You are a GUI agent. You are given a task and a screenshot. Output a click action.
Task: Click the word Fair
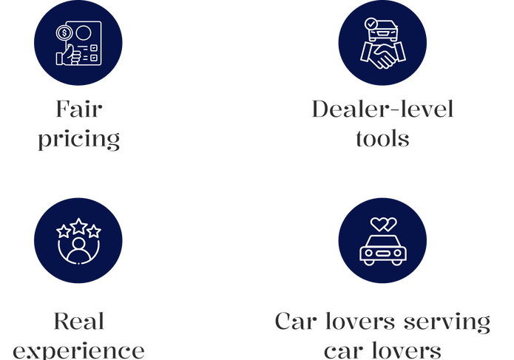[78, 110]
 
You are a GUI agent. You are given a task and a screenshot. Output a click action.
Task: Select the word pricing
[78, 139]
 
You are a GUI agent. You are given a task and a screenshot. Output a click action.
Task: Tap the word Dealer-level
[382, 110]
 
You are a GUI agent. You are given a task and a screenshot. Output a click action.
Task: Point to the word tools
[382, 138]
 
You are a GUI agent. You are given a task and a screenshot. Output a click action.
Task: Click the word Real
[78, 322]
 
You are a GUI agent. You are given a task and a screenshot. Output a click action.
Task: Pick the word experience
[78, 350]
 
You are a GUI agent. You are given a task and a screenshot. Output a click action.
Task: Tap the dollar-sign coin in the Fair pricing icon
[64, 33]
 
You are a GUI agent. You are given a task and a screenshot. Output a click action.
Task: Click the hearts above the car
[382, 223]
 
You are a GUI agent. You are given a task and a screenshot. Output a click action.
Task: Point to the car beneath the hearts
[382, 250]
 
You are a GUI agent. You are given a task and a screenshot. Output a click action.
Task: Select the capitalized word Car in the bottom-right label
[297, 322]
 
